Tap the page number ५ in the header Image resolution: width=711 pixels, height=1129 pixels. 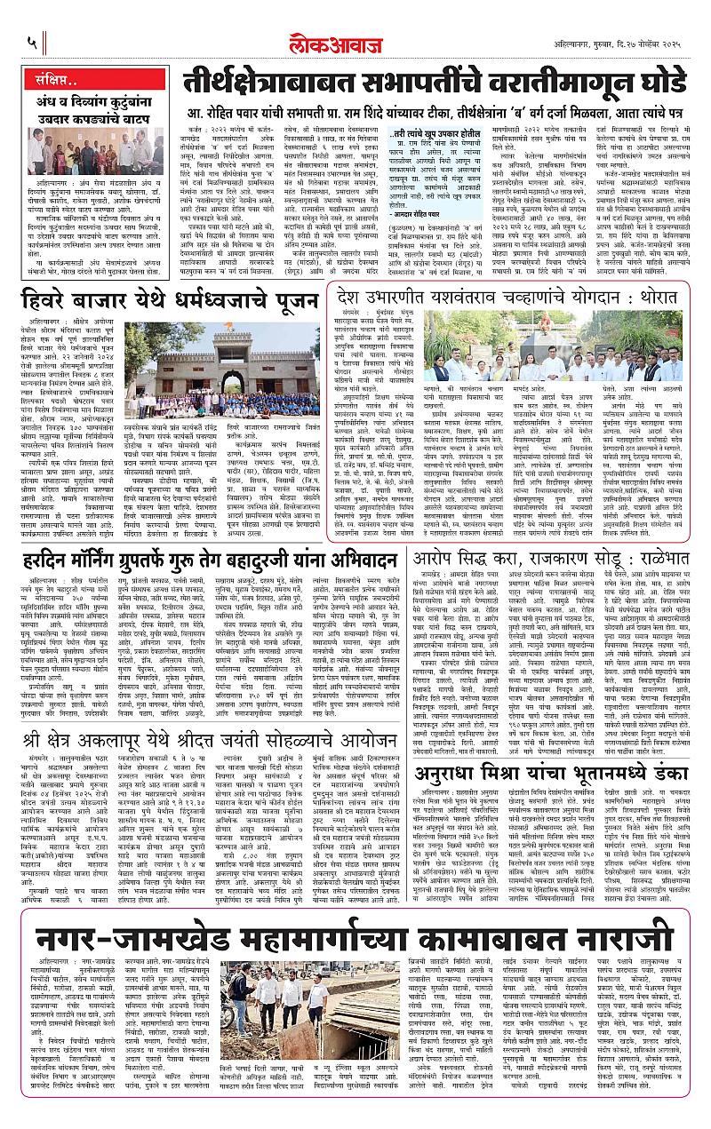(31, 41)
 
